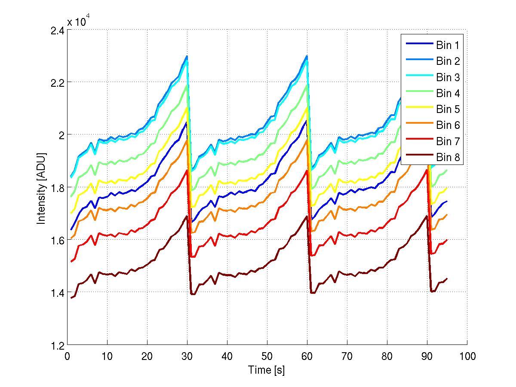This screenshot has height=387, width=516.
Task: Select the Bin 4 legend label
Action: [x=447, y=93]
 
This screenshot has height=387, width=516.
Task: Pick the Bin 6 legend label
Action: [x=447, y=125]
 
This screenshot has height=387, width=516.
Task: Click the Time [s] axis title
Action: [x=267, y=370]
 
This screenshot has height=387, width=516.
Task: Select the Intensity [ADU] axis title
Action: [x=41, y=188]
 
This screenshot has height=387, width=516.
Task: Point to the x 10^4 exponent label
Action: [x=78, y=21]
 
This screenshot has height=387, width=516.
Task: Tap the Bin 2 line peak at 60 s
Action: [x=307, y=55]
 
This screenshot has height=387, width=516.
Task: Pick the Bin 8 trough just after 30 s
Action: [x=192, y=294]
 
